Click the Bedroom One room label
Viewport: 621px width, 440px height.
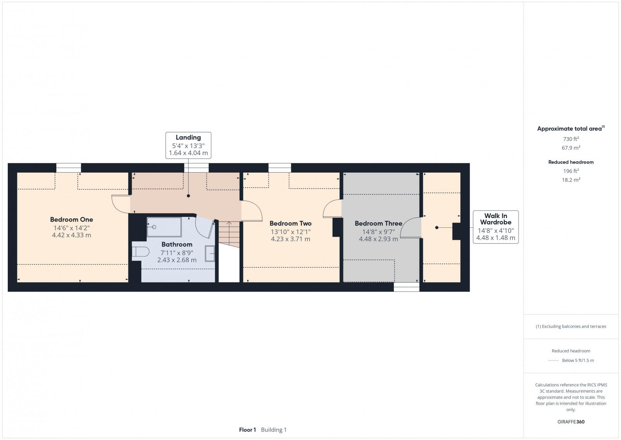71,220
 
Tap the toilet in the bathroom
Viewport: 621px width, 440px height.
140,252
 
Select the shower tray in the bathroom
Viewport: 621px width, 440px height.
164,227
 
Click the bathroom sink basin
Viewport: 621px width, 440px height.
210,253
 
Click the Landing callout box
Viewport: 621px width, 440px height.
188,145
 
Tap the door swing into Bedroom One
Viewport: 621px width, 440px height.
120,204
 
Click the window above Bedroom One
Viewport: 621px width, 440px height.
69,168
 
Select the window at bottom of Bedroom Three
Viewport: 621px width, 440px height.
406,287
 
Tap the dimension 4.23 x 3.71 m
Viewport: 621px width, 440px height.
290,239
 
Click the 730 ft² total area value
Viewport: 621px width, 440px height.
571,139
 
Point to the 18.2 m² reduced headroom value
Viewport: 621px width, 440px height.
571,180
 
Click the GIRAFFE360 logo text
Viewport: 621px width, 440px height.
571,422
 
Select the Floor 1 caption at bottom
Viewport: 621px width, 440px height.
248,430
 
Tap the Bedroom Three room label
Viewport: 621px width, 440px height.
378,223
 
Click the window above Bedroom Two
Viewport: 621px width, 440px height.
279,168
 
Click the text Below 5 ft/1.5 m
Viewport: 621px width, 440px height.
578,360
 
